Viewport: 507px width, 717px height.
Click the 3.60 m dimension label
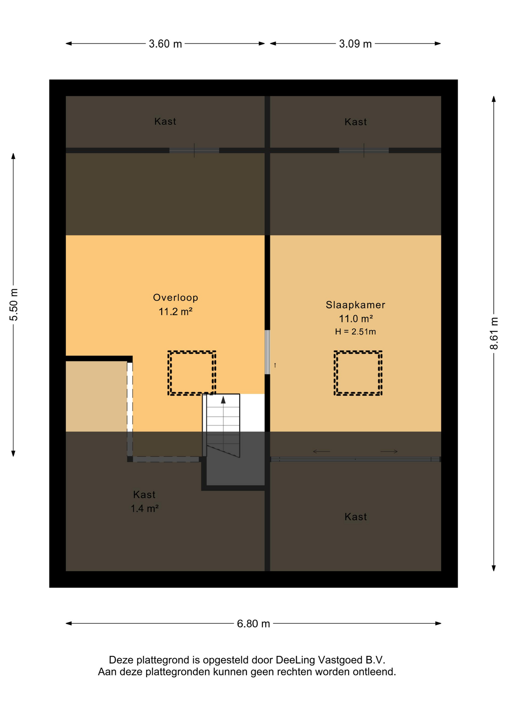(x=165, y=44)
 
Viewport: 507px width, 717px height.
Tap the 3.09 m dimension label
(x=355, y=44)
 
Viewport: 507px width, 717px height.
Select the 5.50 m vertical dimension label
(x=14, y=304)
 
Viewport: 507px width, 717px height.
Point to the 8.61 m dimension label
(x=494, y=333)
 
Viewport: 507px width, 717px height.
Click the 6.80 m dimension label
(x=253, y=624)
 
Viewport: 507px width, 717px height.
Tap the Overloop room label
(x=175, y=298)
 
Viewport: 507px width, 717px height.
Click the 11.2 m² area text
(x=175, y=311)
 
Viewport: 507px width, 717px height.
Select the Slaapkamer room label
(x=355, y=305)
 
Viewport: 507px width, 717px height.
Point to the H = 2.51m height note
(x=355, y=332)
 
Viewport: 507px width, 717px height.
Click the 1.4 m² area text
(x=144, y=508)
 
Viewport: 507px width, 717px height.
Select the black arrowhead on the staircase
(x=223, y=400)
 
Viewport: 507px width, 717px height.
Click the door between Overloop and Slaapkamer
(x=267, y=352)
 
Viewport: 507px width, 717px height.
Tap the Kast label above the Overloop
(x=165, y=121)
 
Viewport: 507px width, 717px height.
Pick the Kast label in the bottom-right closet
(x=355, y=517)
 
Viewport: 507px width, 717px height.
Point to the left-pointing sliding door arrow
(x=321, y=451)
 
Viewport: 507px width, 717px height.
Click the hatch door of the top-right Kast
(x=364, y=150)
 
